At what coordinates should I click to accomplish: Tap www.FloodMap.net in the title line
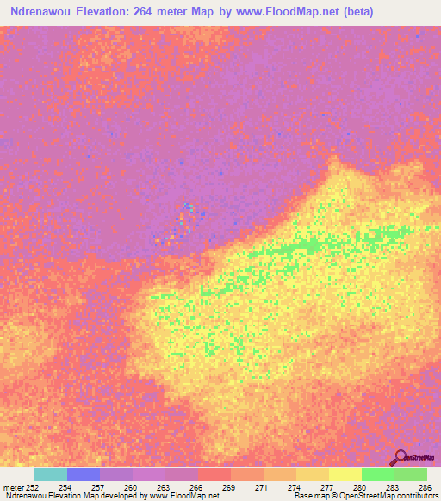click(292, 11)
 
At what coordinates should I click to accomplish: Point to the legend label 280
click(361, 486)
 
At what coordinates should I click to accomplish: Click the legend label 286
click(426, 486)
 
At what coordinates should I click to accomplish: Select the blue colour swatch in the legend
click(84, 474)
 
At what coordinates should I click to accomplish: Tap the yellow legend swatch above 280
click(345, 474)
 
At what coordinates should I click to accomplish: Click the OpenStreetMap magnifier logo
click(399, 457)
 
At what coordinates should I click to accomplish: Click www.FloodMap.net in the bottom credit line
click(183, 496)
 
